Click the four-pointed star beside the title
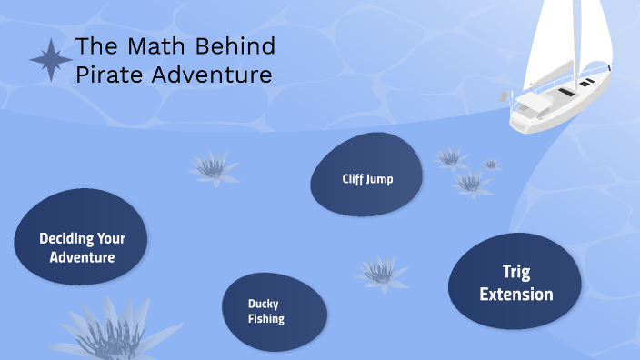(x=51, y=59)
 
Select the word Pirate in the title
(x=107, y=75)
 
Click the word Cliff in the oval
(x=353, y=179)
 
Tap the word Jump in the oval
(x=380, y=179)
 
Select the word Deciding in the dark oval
(x=69, y=239)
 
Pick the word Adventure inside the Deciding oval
(x=82, y=257)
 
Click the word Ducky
(x=263, y=303)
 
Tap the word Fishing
(x=266, y=319)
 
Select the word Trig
(x=515, y=272)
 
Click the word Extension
(x=515, y=294)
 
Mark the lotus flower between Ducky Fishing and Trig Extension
(x=382, y=272)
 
